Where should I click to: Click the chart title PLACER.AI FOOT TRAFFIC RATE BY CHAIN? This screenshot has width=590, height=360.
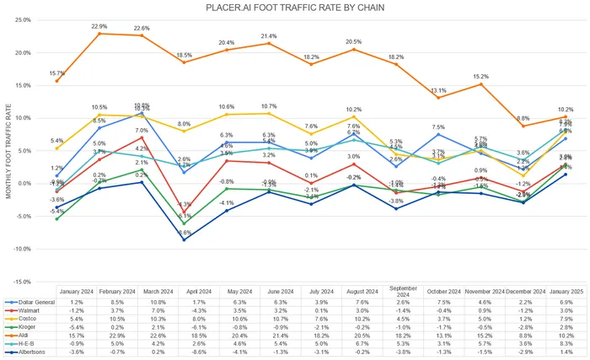[x=295, y=8]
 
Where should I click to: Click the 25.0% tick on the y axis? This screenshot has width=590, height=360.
[x=23, y=19]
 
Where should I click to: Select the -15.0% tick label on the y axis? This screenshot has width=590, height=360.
[x=22, y=282]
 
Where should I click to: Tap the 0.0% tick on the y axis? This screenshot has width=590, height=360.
[x=24, y=184]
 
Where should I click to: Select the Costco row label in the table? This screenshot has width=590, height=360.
[x=25, y=319]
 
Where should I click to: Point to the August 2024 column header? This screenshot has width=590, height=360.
[x=353, y=292]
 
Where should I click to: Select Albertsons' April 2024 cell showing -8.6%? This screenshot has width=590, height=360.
[x=185, y=352]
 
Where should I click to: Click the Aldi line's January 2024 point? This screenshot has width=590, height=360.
[x=56, y=81]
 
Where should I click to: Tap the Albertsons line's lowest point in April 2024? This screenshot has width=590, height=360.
[x=185, y=240]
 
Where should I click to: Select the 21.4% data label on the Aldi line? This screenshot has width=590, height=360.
[x=270, y=36]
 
